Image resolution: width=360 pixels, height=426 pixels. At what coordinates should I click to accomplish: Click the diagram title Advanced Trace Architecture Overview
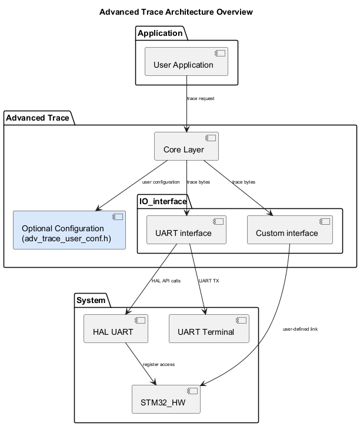click(176, 12)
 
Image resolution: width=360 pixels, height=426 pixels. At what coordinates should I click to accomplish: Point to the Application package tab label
click(160, 33)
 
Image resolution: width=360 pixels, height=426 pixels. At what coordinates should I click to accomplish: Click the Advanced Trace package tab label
click(38, 118)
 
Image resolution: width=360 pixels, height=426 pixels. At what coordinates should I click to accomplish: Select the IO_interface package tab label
click(162, 202)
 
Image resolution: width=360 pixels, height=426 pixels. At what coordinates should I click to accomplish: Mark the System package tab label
click(91, 301)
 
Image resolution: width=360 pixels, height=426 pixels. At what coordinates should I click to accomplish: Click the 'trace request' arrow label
click(201, 98)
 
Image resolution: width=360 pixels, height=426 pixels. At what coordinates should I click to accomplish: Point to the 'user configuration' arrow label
click(161, 182)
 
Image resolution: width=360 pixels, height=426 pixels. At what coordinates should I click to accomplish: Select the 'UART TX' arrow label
click(209, 281)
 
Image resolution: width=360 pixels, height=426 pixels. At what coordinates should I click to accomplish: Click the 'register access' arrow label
click(159, 364)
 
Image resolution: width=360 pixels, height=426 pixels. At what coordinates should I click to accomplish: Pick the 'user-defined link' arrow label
click(300, 329)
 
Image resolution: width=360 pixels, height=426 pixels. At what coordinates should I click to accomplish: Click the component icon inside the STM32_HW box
click(192, 392)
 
